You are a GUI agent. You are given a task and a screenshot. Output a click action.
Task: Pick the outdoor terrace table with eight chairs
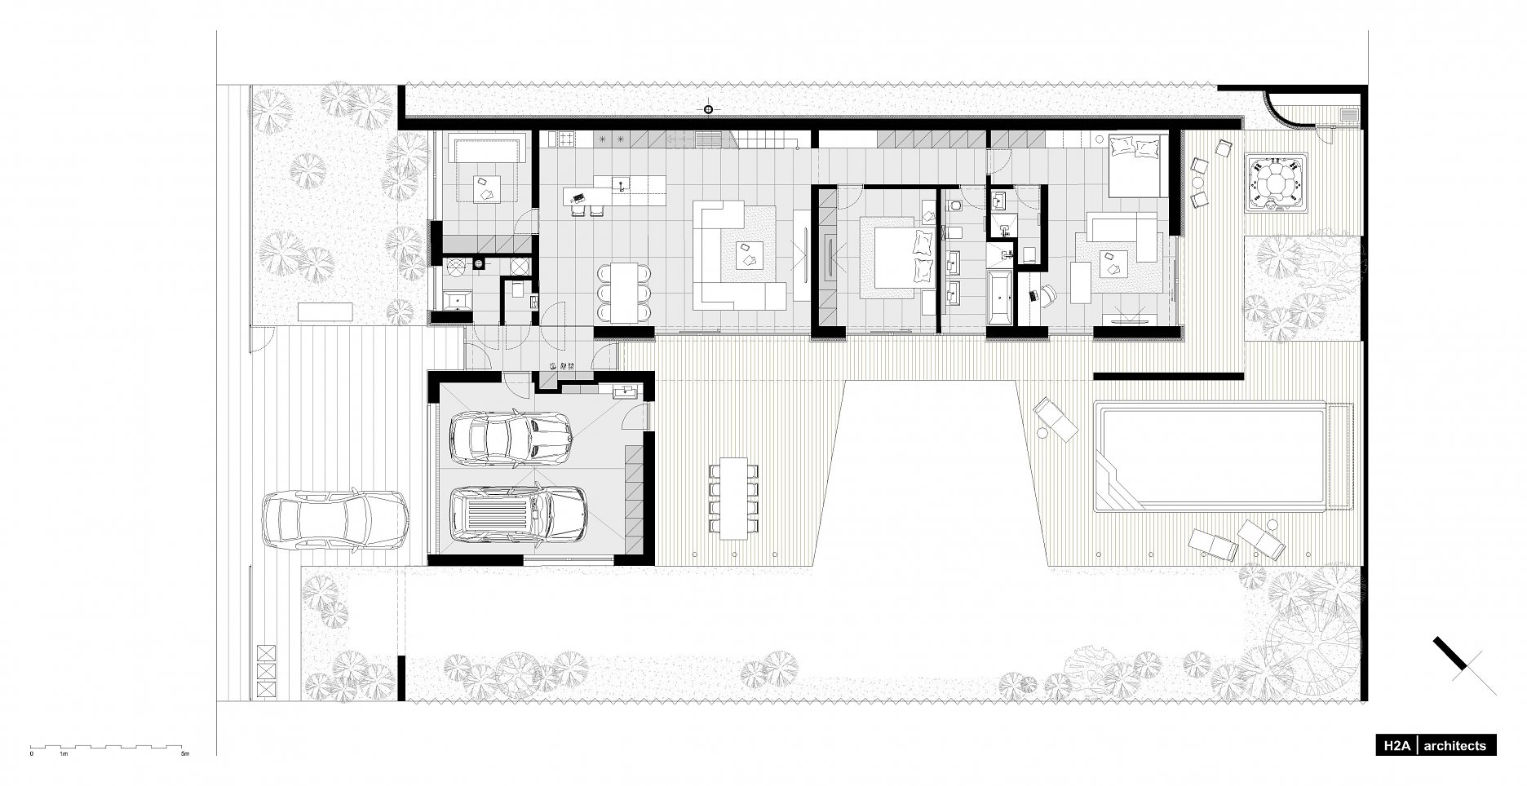click(734, 497)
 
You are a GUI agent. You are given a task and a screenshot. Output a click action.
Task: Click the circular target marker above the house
click(708, 109)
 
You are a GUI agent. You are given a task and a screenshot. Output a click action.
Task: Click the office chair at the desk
click(1045, 296)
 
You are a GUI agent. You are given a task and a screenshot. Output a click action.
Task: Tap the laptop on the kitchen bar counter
click(579, 197)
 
